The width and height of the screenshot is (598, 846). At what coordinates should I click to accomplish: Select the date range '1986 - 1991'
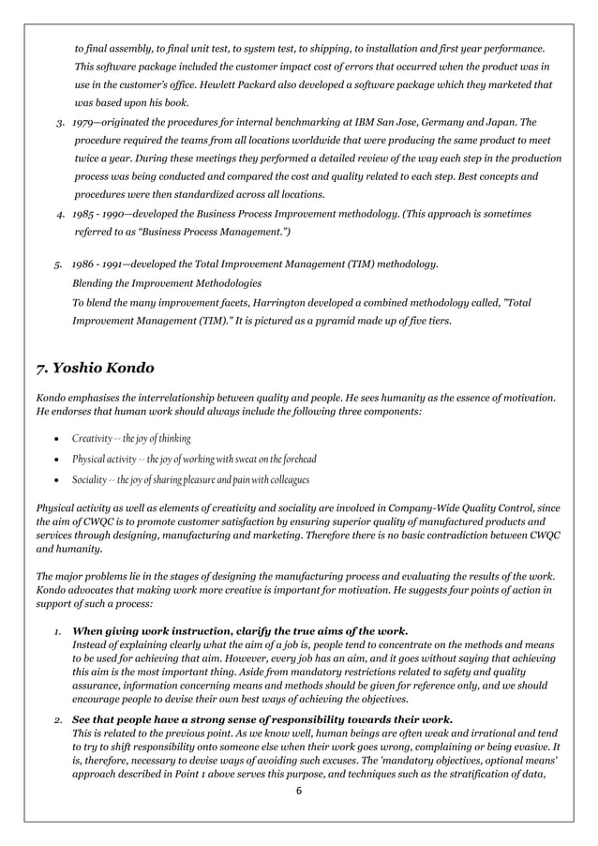click(x=100, y=266)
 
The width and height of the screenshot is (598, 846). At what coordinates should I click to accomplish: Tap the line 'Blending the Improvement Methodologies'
click(x=167, y=283)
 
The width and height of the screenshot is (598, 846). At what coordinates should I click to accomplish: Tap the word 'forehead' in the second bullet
click(x=296, y=460)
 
